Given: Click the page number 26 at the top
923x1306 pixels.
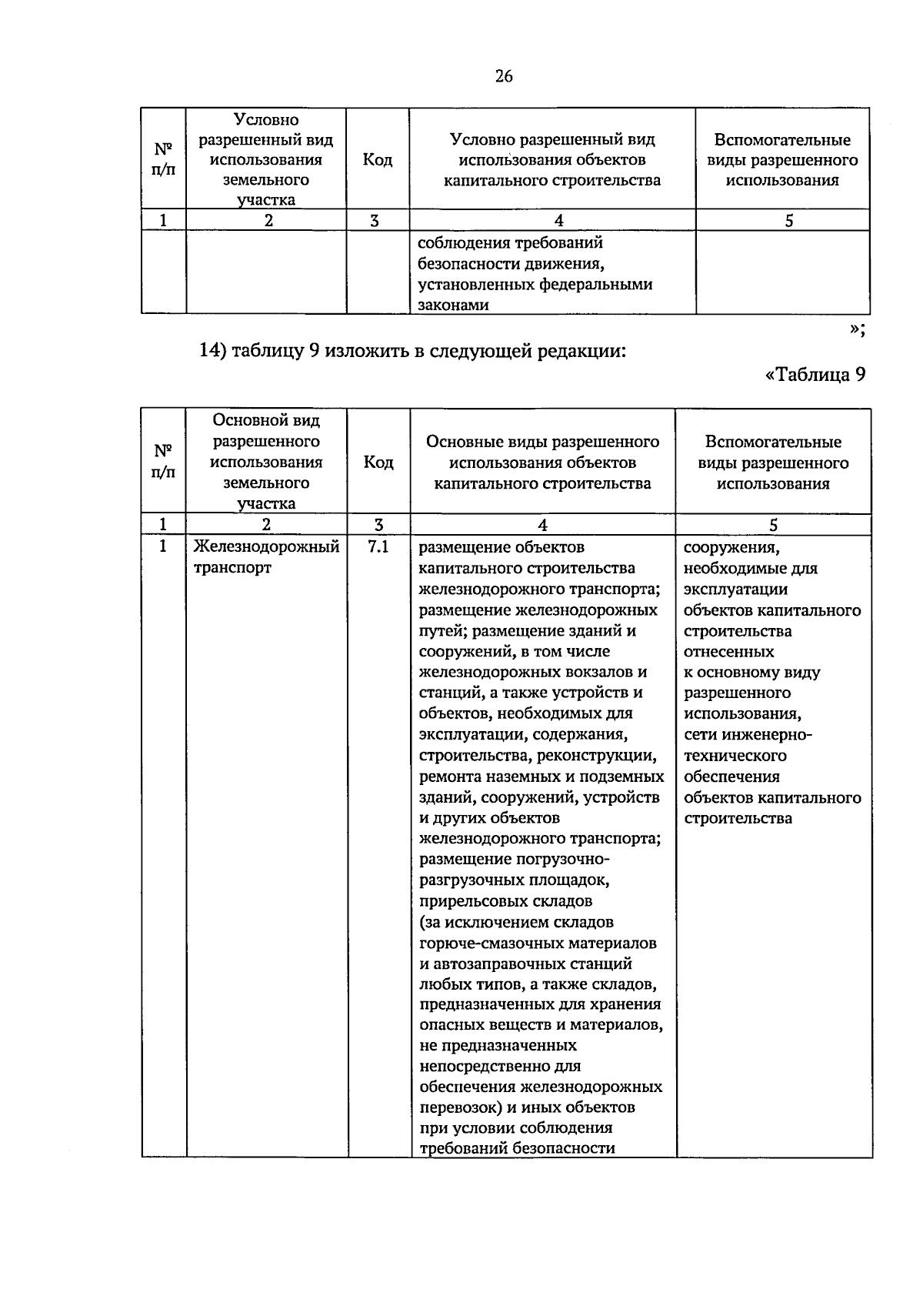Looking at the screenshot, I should click(x=504, y=76).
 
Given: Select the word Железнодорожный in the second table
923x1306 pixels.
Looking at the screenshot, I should click(x=266, y=547).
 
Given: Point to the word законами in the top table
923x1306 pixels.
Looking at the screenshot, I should click(x=453, y=306).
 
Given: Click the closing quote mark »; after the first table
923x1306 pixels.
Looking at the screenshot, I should click(x=858, y=329).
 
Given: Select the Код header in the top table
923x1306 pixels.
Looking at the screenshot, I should click(x=378, y=160).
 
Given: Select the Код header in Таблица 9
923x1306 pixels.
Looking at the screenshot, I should click(x=378, y=463).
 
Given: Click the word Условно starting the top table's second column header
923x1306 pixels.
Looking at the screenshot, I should click(x=266, y=120).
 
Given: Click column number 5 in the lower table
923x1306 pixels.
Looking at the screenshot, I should click(x=773, y=525).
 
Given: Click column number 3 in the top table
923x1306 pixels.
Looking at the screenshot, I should click(x=374, y=221).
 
